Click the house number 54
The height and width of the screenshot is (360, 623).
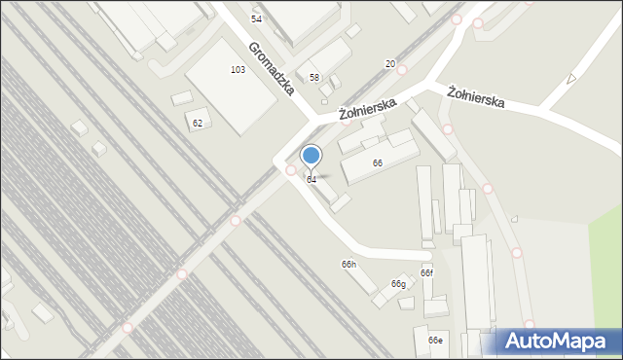(256, 18)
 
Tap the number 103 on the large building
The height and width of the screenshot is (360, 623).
(238, 70)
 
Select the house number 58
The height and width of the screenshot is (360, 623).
(314, 77)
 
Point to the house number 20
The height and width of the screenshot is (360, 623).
(389, 64)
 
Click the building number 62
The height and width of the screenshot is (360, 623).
(198, 123)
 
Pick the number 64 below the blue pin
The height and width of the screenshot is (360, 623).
(311, 179)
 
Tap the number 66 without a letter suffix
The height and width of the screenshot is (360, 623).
(377, 162)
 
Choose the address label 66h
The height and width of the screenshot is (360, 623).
(348, 265)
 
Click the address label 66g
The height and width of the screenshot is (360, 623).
(398, 283)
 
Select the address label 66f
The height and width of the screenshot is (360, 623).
(426, 273)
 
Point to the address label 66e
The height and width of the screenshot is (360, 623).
(435, 340)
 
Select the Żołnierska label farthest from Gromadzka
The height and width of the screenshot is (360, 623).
(476, 96)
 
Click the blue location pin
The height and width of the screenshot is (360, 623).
(311, 156)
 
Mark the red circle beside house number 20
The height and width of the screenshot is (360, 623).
(402, 70)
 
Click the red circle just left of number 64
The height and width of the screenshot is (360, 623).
(290, 170)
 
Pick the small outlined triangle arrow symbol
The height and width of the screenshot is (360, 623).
(571, 78)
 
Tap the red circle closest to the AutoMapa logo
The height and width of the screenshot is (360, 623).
(529, 325)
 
